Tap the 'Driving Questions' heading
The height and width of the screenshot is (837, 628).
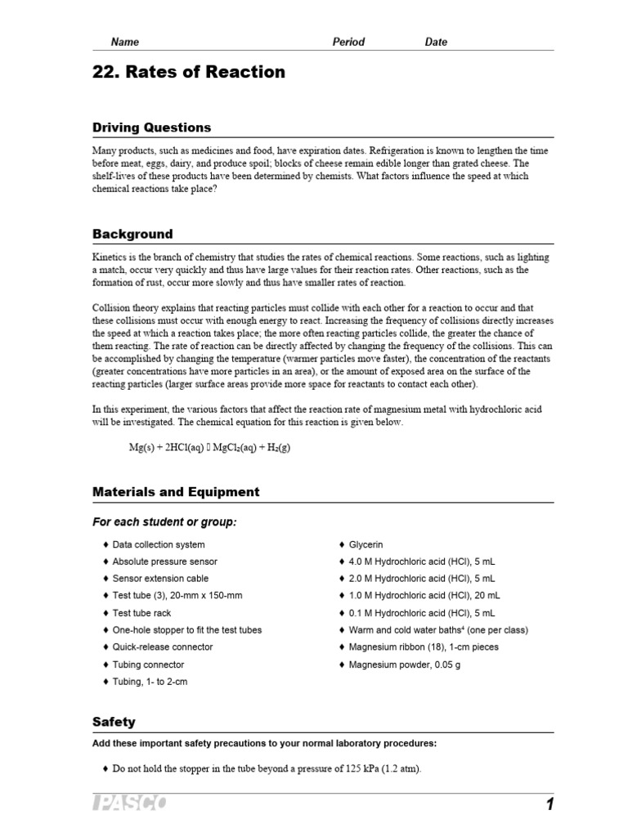[151, 128]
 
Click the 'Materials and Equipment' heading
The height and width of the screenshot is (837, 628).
[176, 492]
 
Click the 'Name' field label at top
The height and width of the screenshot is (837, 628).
[125, 42]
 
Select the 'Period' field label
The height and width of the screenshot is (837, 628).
[348, 42]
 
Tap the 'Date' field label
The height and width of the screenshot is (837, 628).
[436, 42]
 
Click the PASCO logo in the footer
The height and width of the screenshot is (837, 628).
[129, 805]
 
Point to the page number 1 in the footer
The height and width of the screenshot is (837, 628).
[549, 805]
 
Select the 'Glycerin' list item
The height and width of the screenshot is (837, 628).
[366, 544]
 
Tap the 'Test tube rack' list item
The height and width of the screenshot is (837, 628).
[141, 613]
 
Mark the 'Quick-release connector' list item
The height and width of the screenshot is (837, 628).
[162, 647]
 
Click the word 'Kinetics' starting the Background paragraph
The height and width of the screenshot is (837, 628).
[110, 257]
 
